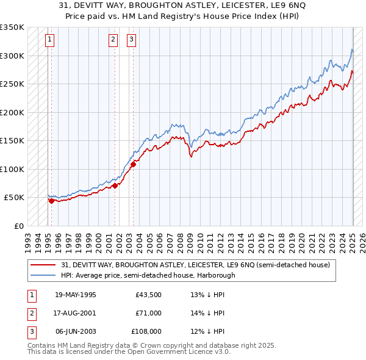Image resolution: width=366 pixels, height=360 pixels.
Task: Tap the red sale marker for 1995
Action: tap(51, 201)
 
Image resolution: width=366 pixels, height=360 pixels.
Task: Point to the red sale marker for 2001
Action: tap(115, 185)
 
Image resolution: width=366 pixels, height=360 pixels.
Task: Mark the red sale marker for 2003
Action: tap(134, 164)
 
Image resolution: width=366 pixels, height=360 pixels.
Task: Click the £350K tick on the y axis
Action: tap(12, 27)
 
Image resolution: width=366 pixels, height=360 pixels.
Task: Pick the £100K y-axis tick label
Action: tap(12, 169)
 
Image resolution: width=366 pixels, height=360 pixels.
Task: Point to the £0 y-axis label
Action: tap(18, 226)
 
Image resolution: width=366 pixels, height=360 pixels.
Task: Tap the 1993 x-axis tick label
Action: tap(28, 239)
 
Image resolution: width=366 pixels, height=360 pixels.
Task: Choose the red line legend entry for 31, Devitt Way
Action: tap(195, 265)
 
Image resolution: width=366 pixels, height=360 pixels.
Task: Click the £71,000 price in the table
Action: tap(148, 313)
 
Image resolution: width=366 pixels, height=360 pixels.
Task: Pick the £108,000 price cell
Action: tap(147, 331)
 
